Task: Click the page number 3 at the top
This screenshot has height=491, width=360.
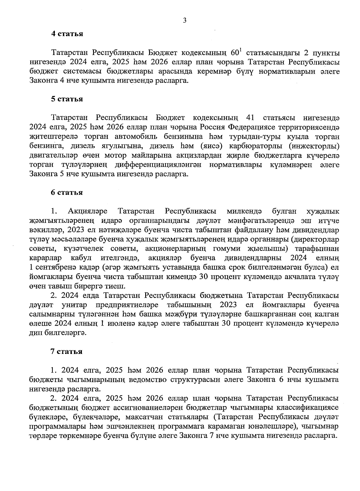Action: click(184, 20)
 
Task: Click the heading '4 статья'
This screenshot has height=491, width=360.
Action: click(67, 34)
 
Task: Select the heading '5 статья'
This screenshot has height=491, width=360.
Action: click(67, 99)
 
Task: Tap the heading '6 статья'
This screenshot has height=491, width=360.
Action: click(67, 193)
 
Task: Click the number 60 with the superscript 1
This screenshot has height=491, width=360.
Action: click(236, 53)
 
